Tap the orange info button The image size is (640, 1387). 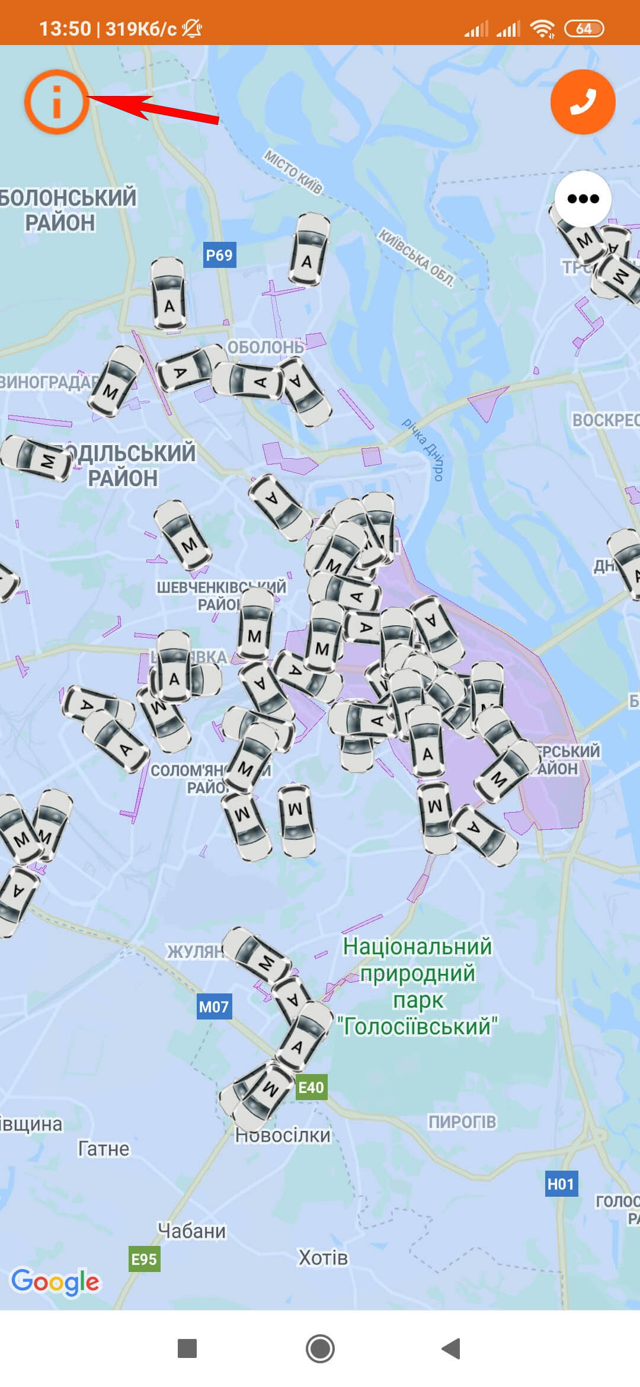tap(56, 101)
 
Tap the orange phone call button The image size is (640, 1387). tap(583, 101)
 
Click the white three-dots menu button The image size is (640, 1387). tap(583, 199)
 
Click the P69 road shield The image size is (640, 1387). tap(219, 255)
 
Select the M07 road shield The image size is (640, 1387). tap(214, 1006)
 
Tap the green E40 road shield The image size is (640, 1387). tap(311, 1087)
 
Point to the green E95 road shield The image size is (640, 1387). tap(144, 1259)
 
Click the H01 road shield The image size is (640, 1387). tap(561, 1184)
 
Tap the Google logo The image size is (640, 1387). tap(56, 1283)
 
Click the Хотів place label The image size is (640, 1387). tap(323, 1258)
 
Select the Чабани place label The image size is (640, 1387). tap(192, 1231)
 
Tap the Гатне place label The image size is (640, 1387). tap(104, 1149)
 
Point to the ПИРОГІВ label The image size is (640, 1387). tap(462, 1121)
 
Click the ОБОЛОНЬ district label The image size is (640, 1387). tap(265, 347)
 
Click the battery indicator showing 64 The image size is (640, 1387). tap(584, 28)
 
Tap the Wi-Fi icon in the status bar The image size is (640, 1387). tap(542, 28)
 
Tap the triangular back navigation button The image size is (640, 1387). tap(452, 1348)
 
